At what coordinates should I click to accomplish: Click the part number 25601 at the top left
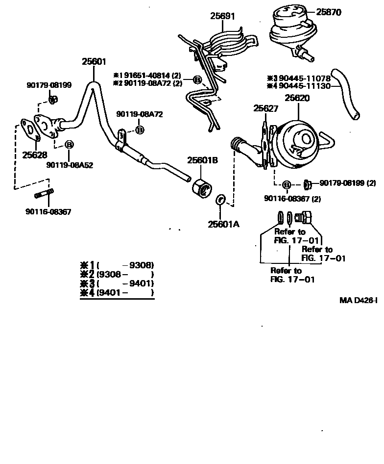94,61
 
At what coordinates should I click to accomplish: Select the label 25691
223,16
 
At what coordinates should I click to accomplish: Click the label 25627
265,108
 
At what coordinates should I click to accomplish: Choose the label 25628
35,155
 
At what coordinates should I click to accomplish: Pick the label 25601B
202,161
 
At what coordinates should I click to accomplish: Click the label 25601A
223,224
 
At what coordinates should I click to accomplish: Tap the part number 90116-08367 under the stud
48,212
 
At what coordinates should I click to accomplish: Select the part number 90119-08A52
70,165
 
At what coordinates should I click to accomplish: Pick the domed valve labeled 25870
291,29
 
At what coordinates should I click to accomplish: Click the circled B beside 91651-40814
197,79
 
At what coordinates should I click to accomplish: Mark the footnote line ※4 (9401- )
118,293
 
